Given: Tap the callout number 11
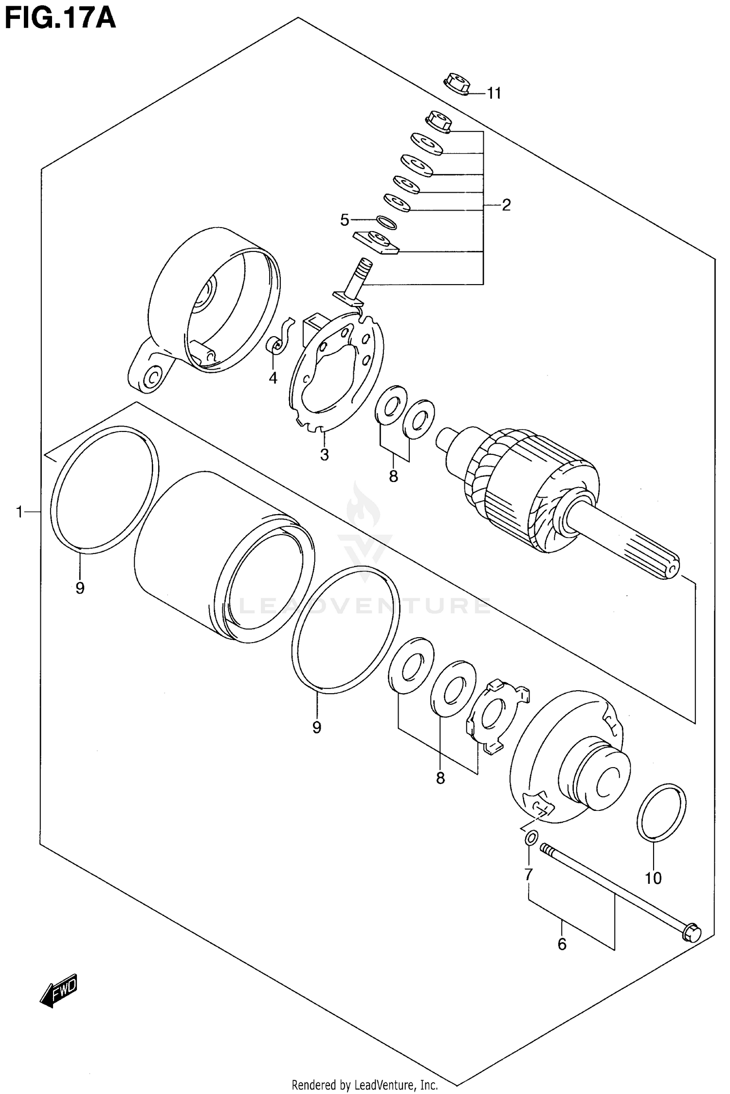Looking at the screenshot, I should [x=494, y=93].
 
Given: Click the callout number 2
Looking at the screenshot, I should [x=506, y=205].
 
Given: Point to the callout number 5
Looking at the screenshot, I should [x=345, y=220].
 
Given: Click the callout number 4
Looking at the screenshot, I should [x=273, y=377].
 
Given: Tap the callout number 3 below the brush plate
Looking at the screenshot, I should [x=325, y=454].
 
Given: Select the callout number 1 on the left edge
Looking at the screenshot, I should [x=19, y=512].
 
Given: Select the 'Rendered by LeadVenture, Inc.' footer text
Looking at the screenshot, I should [x=365, y=1085].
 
